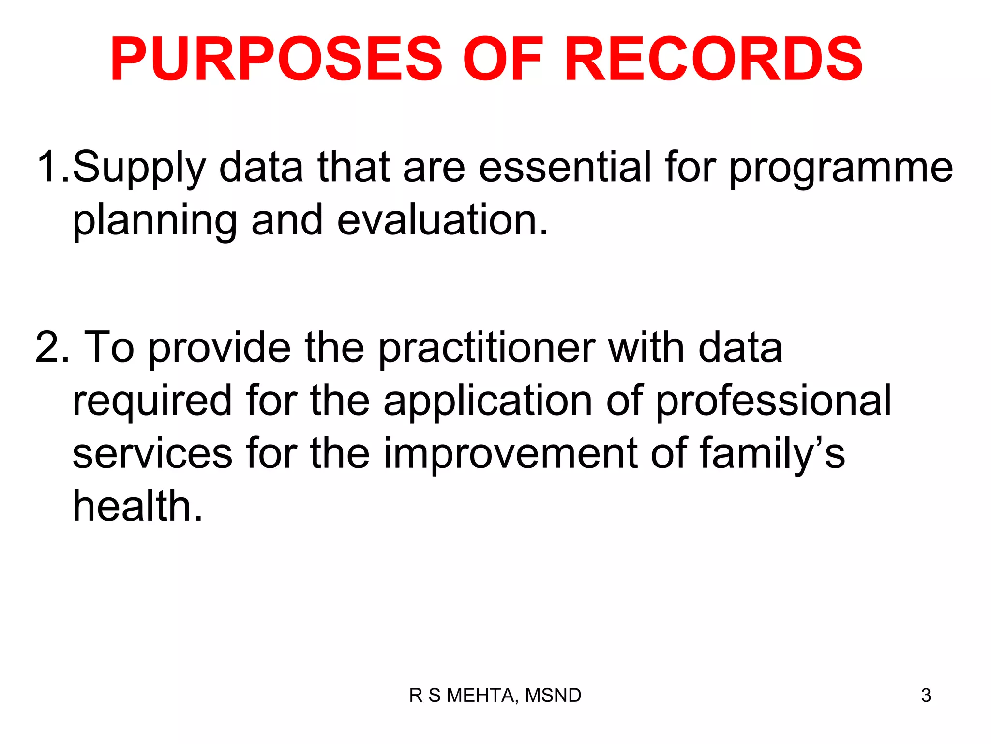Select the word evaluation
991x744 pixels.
point(442,220)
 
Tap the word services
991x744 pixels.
point(152,453)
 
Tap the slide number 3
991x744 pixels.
point(926,696)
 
